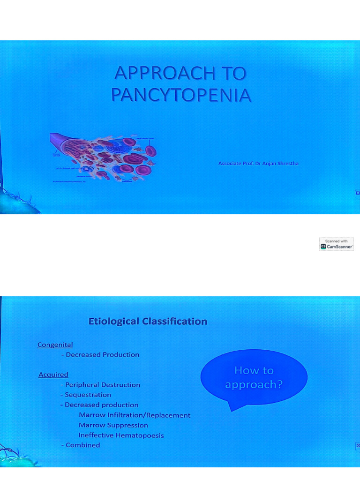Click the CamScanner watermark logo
pyautogui.click(x=337, y=244)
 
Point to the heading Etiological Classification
pyautogui.click(x=148, y=322)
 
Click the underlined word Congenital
pyautogui.click(x=55, y=345)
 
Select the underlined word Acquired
pyautogui.click(x=53, y=375)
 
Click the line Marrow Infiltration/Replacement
pyautogui.click(x=135, y=415)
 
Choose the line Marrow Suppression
pyautogui.click(x=113, y=425)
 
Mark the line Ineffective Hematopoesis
pyautogui.click(x=121, y=435)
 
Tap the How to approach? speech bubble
pyautogui.click(x=254, y=377)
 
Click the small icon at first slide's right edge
pyautogui.click(x=358, y=192)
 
